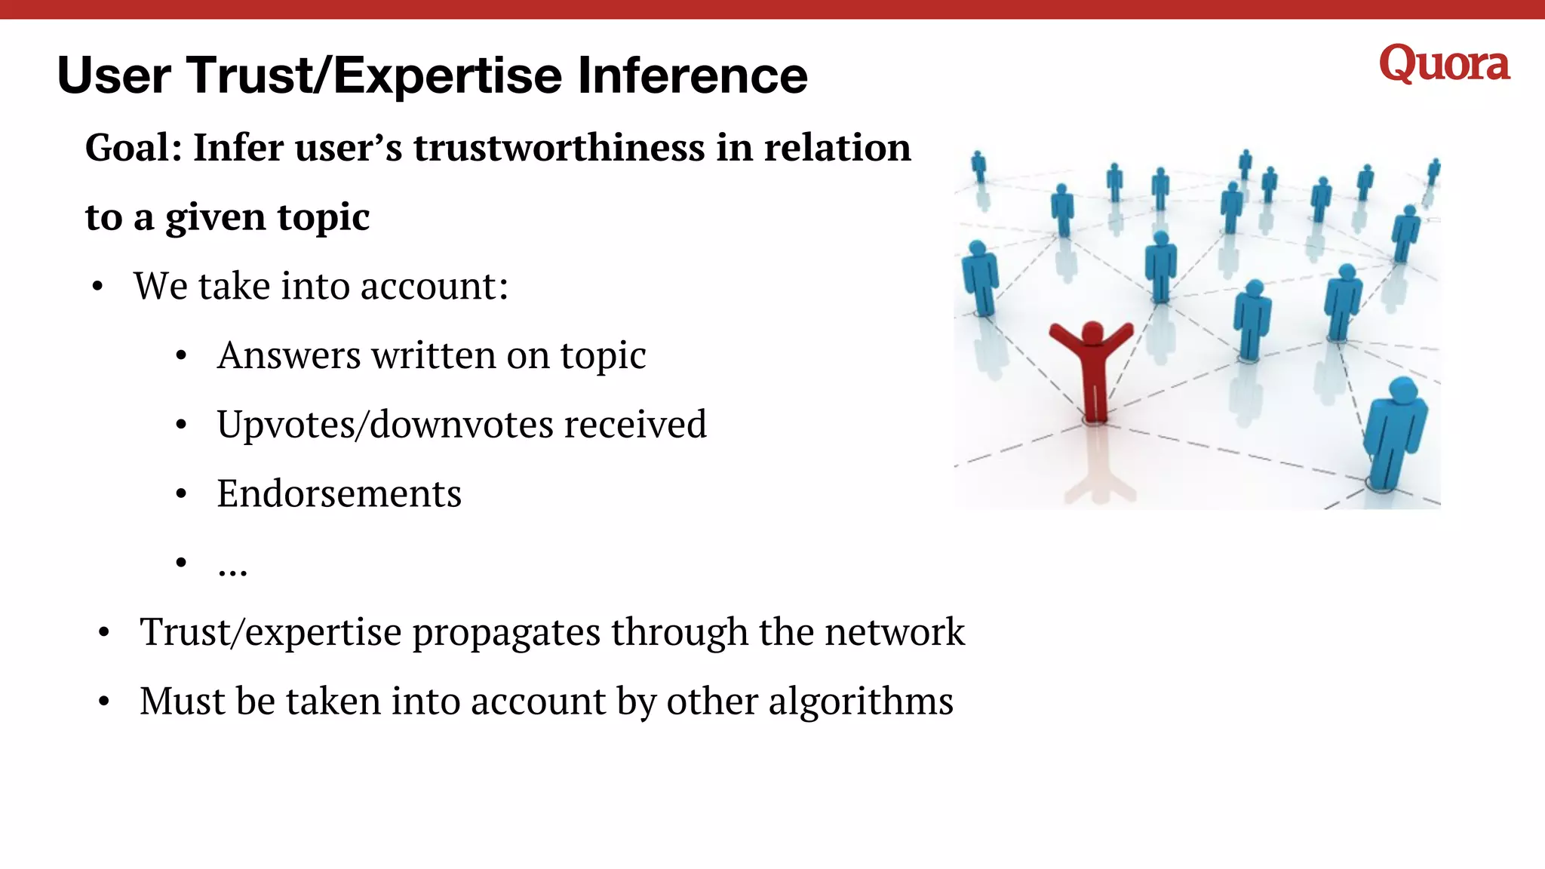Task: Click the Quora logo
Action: [x=1444, y=64]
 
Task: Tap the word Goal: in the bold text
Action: [x=134, y=147]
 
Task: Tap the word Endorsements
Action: [x=339, y=494]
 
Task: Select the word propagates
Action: [x=506, y=632]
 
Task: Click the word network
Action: [x=895, y=632]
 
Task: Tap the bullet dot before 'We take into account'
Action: [x=97, y=287]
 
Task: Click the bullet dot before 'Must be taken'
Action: [x=104, y=702]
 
